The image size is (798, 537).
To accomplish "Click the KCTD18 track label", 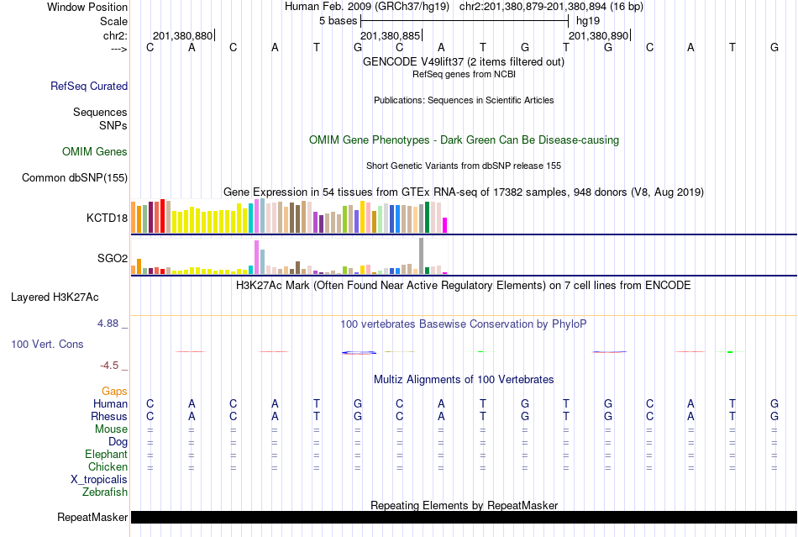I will click(x=107, y=218).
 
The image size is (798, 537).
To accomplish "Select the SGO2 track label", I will click(x=113, y=258).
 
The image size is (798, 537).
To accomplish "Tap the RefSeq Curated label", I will click(x=89, y=86).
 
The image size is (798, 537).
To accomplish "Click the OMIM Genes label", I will click(x=95, y=152).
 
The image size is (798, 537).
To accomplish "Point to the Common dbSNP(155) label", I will click(x=75, y=177).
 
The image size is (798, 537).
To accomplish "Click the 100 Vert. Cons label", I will click(x=48, y=345).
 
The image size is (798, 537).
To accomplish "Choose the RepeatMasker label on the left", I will click(x=92, y=517).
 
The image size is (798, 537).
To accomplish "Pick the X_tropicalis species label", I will click(x=99, y=479).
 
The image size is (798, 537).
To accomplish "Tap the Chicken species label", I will click(x=108, y=466).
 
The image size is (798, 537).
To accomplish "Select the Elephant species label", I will click(x=107, y=454).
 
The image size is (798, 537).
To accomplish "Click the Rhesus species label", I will click(x=109, y=416).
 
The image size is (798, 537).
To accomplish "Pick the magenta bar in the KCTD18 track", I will click(x=445, y=225).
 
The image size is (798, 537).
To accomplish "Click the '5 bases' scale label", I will click(x=338, y=20).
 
